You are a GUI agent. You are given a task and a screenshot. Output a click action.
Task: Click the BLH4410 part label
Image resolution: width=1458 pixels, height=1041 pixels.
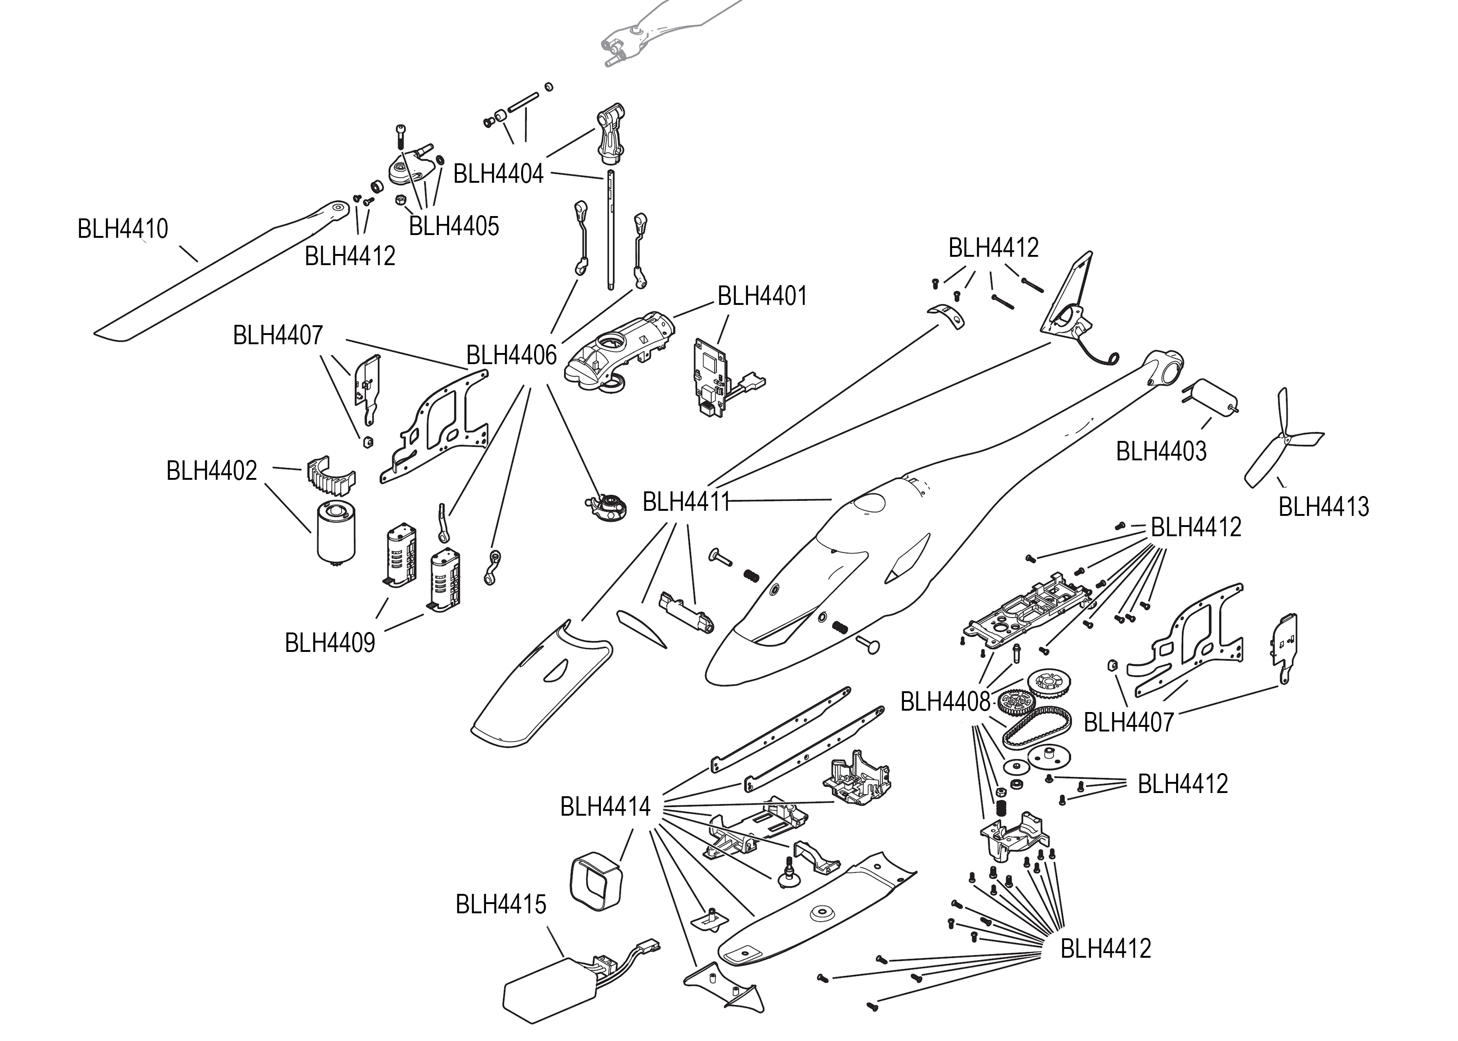[123, 229]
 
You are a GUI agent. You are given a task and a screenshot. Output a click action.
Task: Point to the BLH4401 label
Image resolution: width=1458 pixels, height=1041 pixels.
[762, 296]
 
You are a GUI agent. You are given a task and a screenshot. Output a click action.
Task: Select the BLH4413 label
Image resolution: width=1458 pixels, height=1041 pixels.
[1323, 507]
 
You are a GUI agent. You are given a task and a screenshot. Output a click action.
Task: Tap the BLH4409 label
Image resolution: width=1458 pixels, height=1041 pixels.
[330, 642]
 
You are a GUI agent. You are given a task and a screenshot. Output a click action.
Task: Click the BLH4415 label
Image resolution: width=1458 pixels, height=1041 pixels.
[501, 905]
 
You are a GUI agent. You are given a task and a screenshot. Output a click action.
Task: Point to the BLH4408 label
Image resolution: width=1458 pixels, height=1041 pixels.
[945, 702]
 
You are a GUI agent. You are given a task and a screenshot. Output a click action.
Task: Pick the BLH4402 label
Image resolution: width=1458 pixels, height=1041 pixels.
[211, 471]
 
